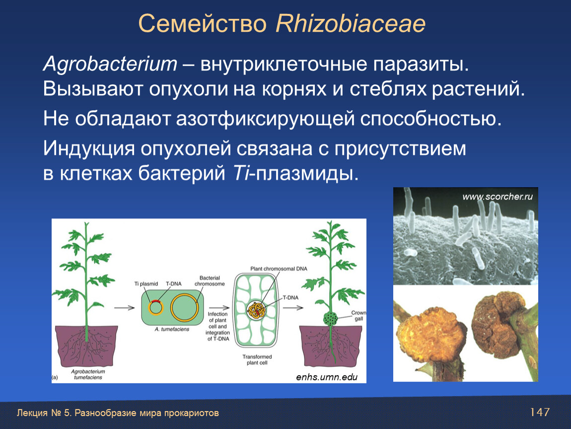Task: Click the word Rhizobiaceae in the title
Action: (x=351, y=24)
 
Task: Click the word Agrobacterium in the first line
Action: (x=110, y=64)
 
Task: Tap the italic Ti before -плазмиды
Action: (x=240, y=173)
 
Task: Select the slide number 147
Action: (x=540, y=412)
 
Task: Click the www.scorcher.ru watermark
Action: (x=498, y=197)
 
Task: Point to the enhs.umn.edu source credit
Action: (x=327, y=377)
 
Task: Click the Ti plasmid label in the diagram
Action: (x=146, y=284)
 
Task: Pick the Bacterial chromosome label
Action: (x=210, y=281)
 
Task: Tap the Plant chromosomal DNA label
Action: (x=279, y=269)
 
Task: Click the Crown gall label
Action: (x=358, y=315)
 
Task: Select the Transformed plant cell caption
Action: (x=257, y=359)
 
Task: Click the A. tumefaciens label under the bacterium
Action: (x=172, y=329)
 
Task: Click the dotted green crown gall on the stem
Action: (x=331, y=319)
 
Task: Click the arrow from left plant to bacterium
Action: (x=125, y=308)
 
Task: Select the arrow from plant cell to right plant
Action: (x=293, y=308)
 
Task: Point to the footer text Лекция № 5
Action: (x=43, y=413)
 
